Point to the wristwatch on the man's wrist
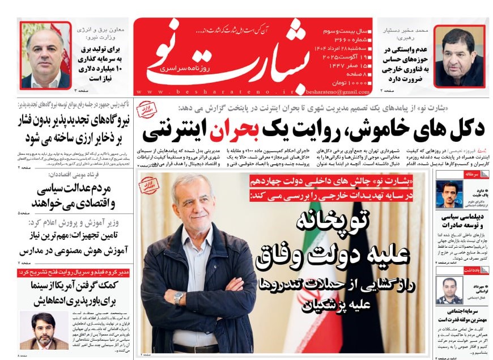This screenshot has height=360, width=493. click(x=179, y=298)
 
